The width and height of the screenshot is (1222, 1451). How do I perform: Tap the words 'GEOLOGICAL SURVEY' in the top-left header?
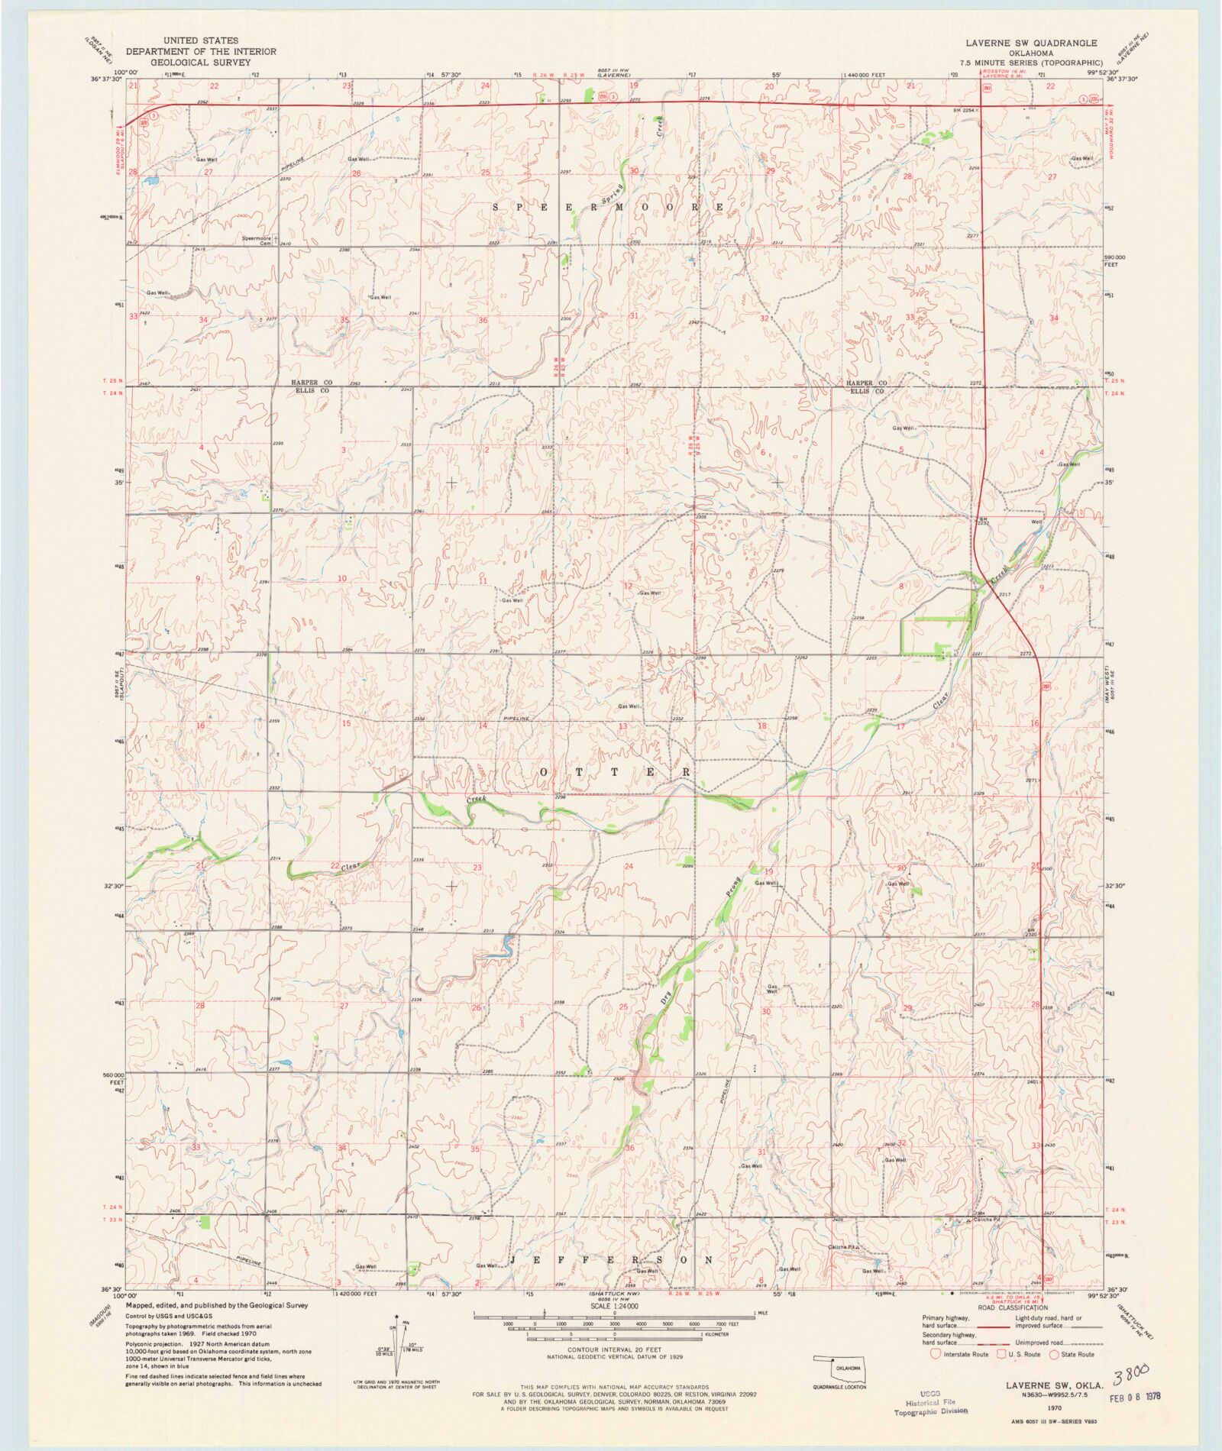click(201, 63)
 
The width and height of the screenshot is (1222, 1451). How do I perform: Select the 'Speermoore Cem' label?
click(257, 241)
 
